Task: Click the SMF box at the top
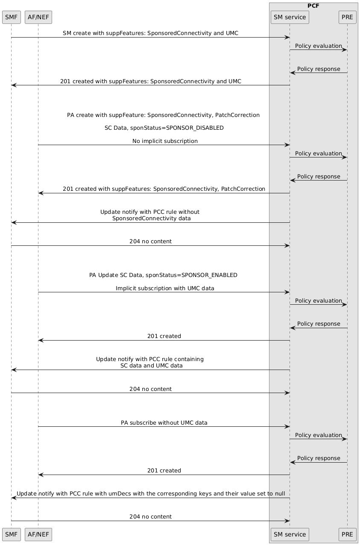pyautogui.click(x=12, y=17)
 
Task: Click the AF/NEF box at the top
pyautogui.click(x=38, y=17)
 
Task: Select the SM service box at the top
pyautogui.click(x=290, y=17)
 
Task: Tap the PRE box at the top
pyautogui.click(x=347, y=17)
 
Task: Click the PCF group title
pyautogui.click(x=314, y=6)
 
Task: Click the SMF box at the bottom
pyautogui.click(x=12, y=534)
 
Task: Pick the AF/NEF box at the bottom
pyautogui.click(x=38, y=534)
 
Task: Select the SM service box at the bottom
pyautogui.click(x=290, y=534)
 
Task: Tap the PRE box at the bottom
pyautogui.click(x=347, y=534)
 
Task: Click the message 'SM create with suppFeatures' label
pyautogui.click(x=150, y=33)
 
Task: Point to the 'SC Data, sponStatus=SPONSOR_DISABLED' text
pyautogui.click(x=164, y=128)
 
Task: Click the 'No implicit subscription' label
pyautogui.click(x=165, y=141)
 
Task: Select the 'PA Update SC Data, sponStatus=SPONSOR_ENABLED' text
pyautogui.click(x=163, y=275)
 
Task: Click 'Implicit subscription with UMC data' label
pyautogui.click(x=165, y=288)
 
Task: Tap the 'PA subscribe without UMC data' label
pyautogui.click(x=164, y=423)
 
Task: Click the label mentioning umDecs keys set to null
pyautogui.click(x=151, y=494)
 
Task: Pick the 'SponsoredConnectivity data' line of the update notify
pyautogui.click(x=151, y=219)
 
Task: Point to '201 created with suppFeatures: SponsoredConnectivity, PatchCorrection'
pyautogui.click(x=164, y=189)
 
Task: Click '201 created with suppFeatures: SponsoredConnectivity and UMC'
pyautogui.click(x=150, y=81)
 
